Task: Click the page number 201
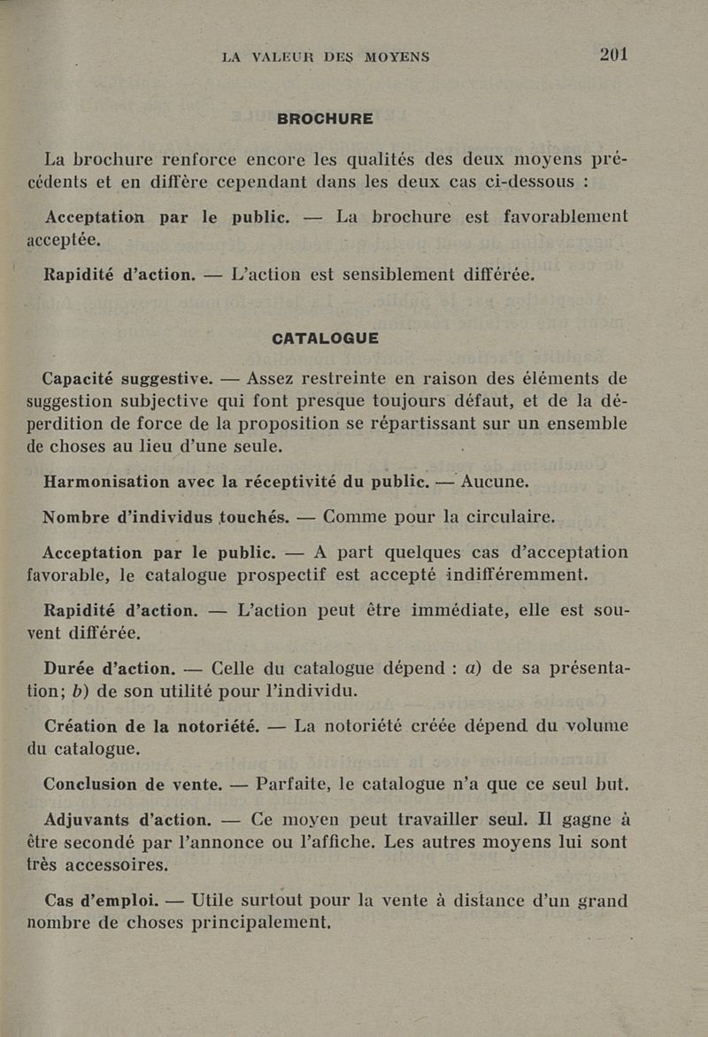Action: (613, 54)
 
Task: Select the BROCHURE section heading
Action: (325, 119)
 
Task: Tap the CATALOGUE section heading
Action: (325, 338)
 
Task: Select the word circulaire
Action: (504, 517)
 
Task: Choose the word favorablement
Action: (552, 216)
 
